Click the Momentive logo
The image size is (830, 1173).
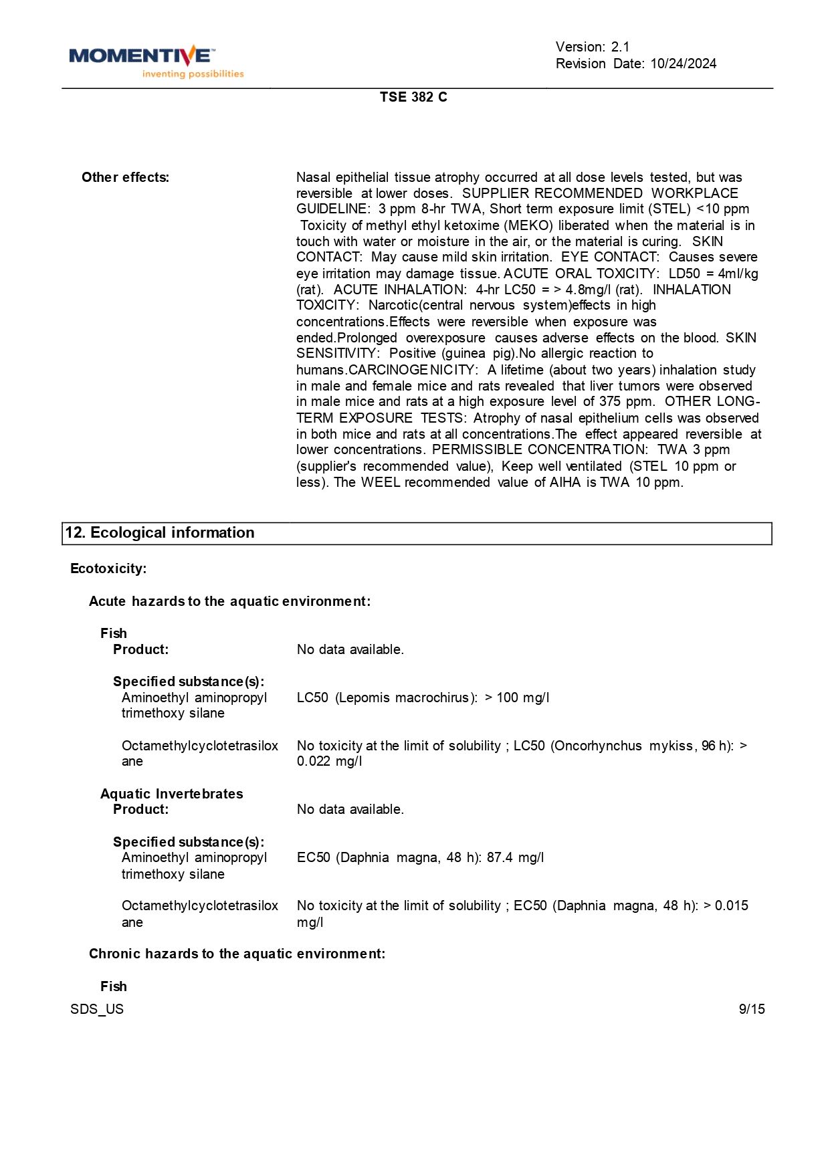point(142,56)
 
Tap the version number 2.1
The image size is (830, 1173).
point(620,47)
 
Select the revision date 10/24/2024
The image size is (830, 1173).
point(683,64)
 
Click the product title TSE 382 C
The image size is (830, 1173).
point(413,97)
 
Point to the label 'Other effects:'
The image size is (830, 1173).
point(125,177)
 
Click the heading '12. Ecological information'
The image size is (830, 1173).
point(160,533)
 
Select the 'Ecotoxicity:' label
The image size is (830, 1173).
point(108,568)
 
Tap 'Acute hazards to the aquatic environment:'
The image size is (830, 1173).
point(229,601)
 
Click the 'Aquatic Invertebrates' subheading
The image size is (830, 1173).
point(171,794)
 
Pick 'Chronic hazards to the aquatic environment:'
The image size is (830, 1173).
point(237,954)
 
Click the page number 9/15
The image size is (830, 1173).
point(751,1009)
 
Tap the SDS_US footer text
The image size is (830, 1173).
point(97,1009)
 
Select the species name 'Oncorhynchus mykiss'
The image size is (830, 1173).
point(624,746)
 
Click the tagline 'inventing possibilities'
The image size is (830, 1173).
point(193,74)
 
